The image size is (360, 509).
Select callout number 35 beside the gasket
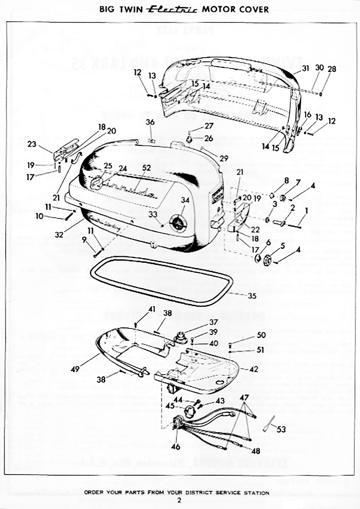click(x=252, y=296)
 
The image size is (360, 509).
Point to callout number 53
click(x=281, y=430)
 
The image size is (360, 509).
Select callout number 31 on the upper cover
click(x=305, y=68)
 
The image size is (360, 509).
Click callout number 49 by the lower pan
click(x=75, y=369)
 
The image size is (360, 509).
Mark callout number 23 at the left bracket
click(x=32, y=144)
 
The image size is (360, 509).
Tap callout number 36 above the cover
click(x=150, y=122)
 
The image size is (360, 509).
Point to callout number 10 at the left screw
click(x=39, y=216)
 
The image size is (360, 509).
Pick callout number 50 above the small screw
click(x=261, y=335)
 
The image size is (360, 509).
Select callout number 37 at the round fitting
click(x=213, y=322)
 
